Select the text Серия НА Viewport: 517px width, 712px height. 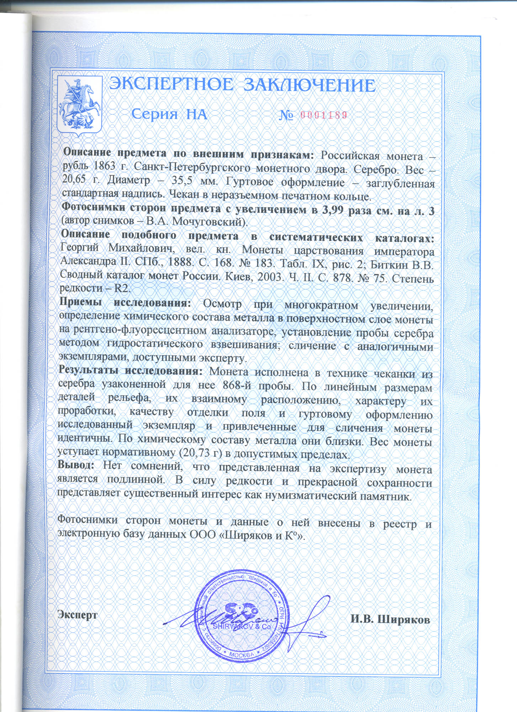point(169,114)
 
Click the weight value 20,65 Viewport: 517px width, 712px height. point(74,180)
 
